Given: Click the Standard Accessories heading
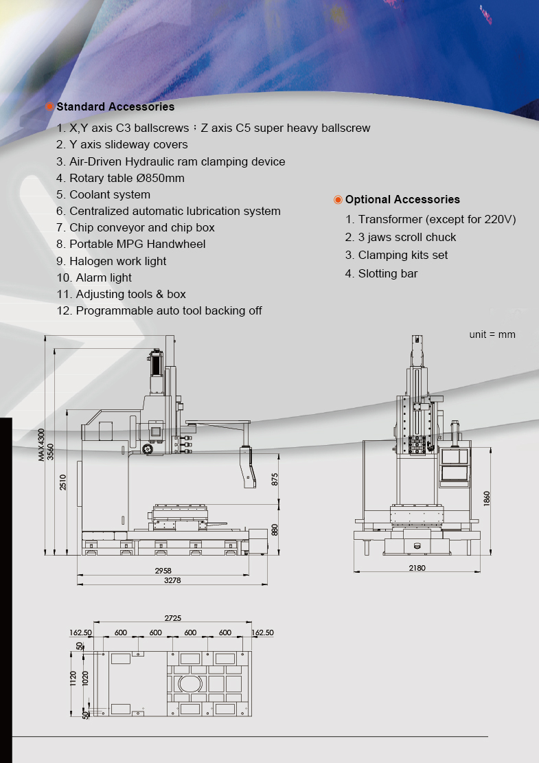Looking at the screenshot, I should (115, 107).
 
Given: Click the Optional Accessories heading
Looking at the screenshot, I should (402, 200).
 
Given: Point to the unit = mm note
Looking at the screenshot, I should (492, 334).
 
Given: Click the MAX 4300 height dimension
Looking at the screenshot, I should (41, 444).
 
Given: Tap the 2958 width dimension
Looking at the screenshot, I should (163, 571).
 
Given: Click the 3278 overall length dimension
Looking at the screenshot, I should (173, 581).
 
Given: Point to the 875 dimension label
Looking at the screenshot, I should (275, 479).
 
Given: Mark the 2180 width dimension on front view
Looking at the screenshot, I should (417, 568).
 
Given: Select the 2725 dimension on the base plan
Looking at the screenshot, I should (173, 618).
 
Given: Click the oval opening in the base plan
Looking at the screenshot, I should (187, 684).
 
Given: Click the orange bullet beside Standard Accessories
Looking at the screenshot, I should (49, 107).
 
